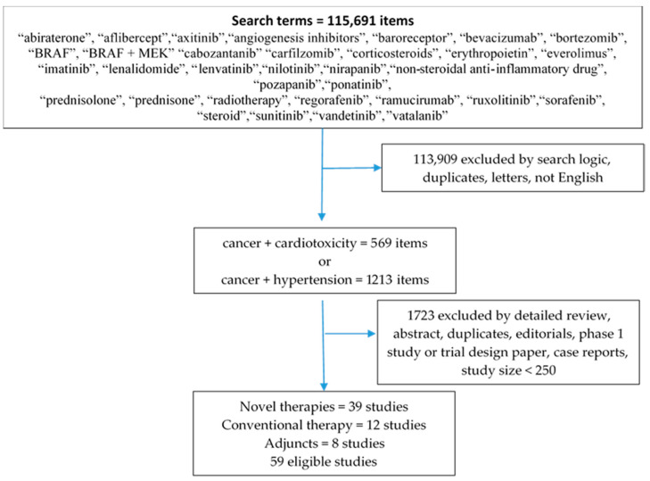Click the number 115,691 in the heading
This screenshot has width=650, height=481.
coord(353,21)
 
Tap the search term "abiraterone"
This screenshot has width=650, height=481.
coord(53,38)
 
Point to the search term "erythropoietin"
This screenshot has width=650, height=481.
coord(490,54)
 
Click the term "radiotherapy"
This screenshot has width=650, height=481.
coord(248,100)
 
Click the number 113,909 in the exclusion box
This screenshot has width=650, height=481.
coord(435,160)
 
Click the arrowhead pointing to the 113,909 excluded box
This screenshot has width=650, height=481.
coord(377,168)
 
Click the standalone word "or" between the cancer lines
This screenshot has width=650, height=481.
coord(325,261)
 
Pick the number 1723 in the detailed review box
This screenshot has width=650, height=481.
coord(421,316)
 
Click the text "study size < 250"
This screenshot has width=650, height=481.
coord(508,370)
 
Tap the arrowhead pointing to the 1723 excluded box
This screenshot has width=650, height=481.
coord(372,333)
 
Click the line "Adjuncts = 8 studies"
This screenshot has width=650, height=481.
coord(325,444)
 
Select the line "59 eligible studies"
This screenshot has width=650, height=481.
coord(324,461)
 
